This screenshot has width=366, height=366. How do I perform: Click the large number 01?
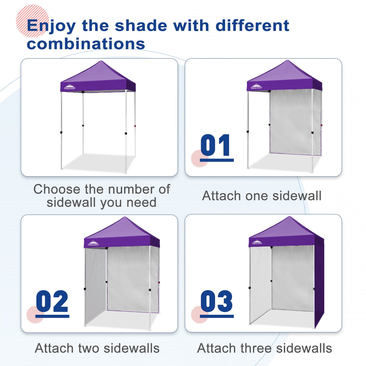click(x=216, y=145)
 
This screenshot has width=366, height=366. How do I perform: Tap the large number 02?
click(x=52, y=301)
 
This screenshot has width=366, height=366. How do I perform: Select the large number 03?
click(x=216, y=301)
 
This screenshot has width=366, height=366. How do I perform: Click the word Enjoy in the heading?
click(x=51, y=26)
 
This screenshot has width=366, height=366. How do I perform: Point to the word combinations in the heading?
click(x=86, y=44)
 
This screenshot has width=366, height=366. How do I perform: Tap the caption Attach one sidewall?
click(x=262, y=196)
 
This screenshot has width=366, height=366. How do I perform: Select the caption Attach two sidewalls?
click(x=97, y=348)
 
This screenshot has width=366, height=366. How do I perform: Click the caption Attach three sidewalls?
click(x=264, y=348)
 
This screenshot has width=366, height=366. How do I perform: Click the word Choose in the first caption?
click(x=57, y=189)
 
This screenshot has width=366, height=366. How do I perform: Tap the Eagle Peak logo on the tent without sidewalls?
click(x=70, y=87)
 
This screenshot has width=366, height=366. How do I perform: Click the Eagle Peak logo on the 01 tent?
click(x=256, y=87)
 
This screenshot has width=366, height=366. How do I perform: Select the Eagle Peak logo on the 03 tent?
click(x=257, y=242)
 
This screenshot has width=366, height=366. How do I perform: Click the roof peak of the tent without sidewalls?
click(x=101, y=62)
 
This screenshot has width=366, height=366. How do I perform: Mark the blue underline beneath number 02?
click(x=52, y=316)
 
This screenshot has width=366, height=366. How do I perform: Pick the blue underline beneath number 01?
click(x=216, y=160)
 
